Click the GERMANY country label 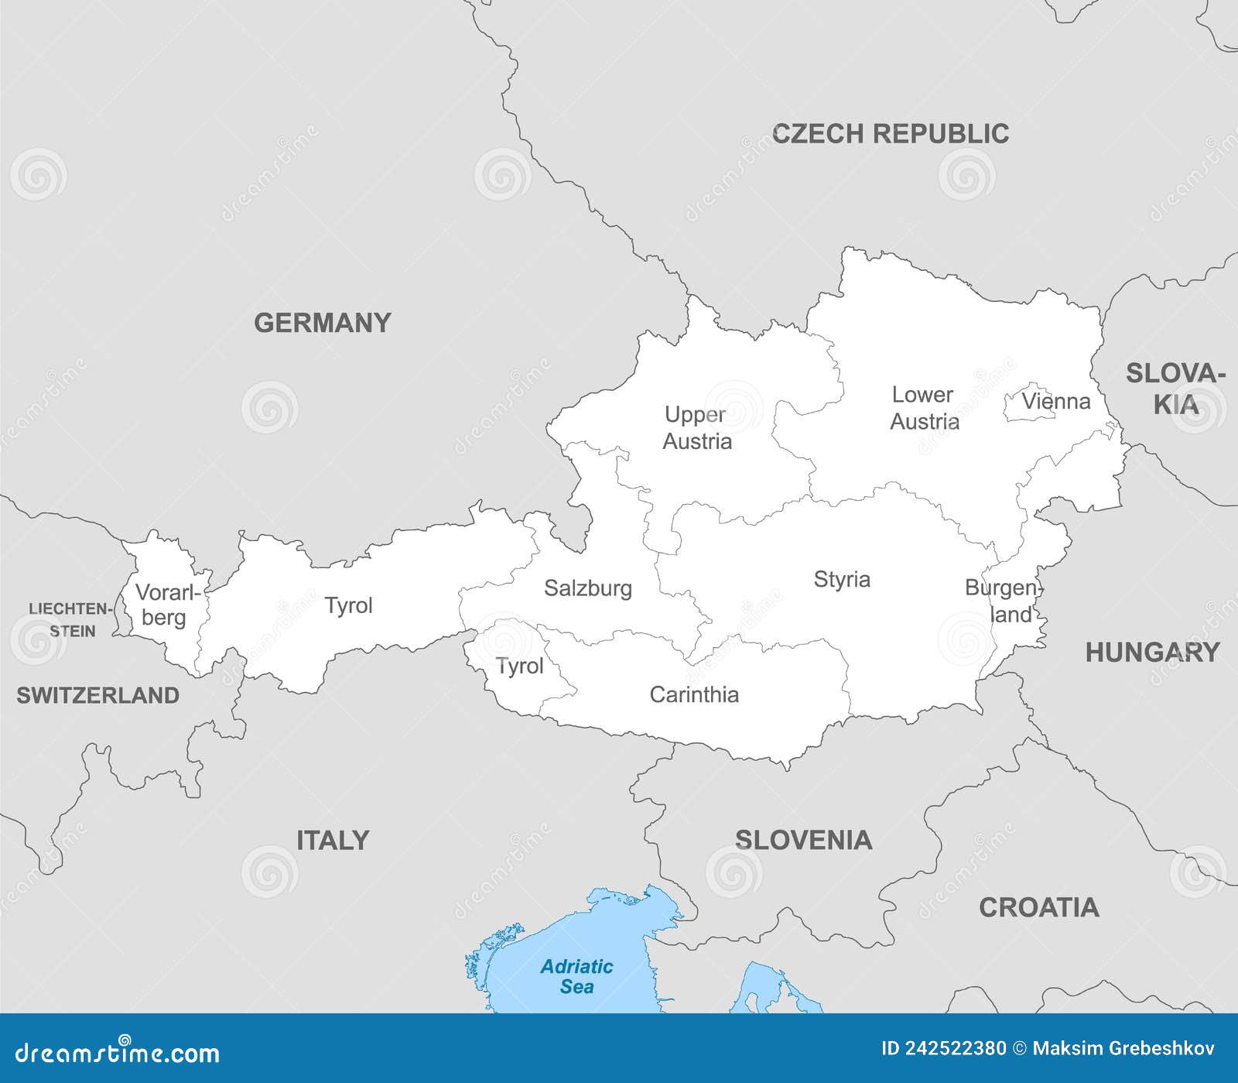point(323,323)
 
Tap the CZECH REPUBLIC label point(891,134)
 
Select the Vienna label point(1055,401)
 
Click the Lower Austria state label point(924,408)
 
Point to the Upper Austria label point(696,427)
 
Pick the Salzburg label point(587,588)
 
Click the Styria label point(842,579)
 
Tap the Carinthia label point(693,694)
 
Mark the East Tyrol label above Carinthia point(519,667)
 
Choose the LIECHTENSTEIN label point(71,619)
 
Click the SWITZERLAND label point(97,695)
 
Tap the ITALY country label point(333,840)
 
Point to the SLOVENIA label point(803,840)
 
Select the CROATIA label point(1038,907)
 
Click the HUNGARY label point(1152,653)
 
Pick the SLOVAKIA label point(1175,389)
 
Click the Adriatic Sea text point(576,976)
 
